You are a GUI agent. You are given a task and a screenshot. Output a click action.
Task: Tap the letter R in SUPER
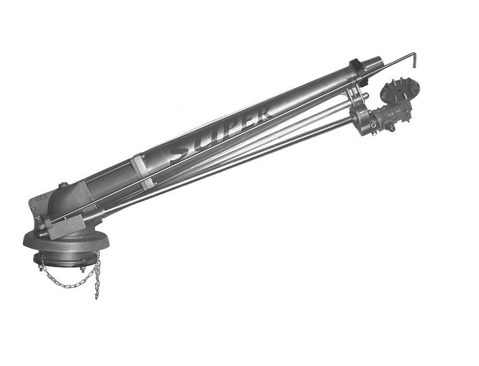262,113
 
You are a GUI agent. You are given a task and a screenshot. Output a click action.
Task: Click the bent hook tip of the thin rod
414,60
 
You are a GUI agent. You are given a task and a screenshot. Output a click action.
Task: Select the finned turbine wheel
399,90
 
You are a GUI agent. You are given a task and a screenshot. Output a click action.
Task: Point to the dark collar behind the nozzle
358,71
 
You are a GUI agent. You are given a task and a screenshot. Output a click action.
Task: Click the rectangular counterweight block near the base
65,227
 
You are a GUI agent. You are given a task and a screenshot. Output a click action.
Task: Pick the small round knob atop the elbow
63,185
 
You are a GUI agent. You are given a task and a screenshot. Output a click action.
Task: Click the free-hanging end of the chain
97,296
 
